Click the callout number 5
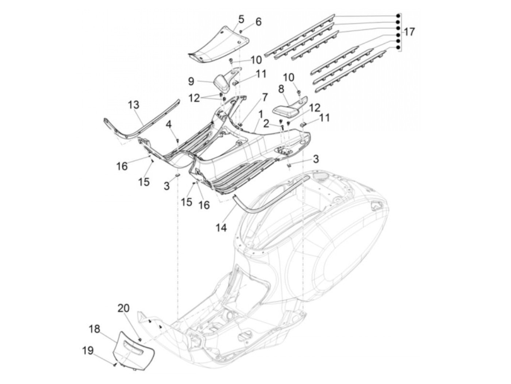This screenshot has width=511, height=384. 241,19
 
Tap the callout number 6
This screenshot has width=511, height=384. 258,22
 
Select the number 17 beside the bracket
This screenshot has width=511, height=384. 409,32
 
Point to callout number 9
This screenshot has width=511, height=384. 191,81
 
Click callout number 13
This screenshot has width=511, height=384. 134,105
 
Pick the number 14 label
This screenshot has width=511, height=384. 221,228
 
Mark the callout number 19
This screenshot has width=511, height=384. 87,351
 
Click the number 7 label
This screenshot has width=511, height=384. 265,97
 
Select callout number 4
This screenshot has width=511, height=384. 168,125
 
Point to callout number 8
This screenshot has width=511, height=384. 281,89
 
